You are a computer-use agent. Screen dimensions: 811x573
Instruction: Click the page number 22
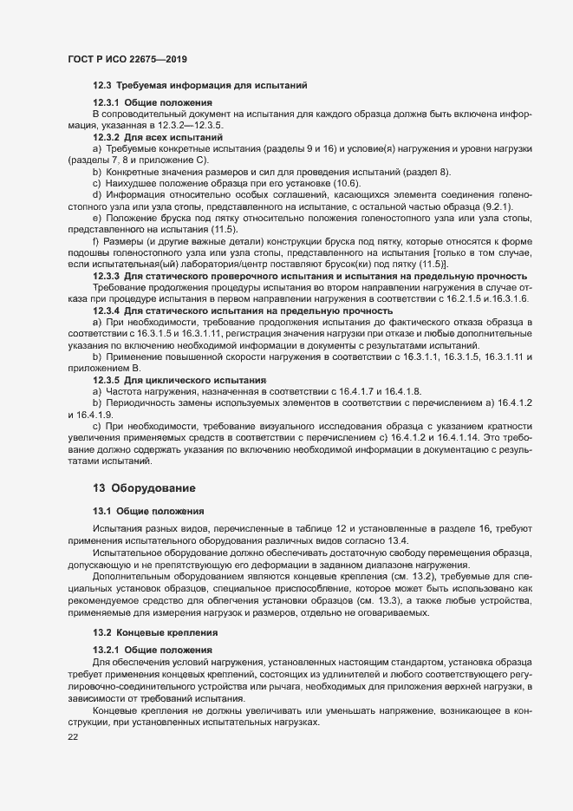click(73, 737)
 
